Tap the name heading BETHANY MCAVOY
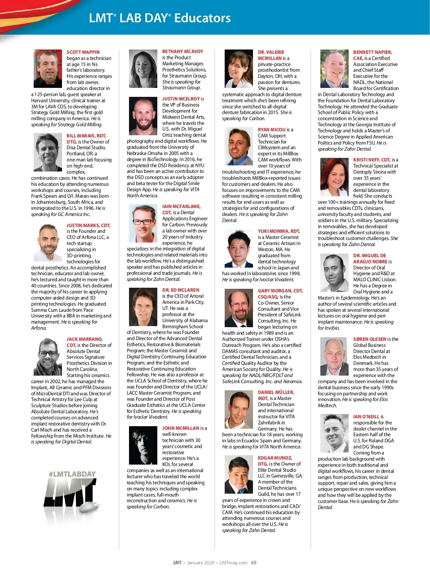click(182, 52)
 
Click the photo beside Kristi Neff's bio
click(334, 177)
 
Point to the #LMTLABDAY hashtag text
click(72, 474)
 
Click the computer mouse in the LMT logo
click(88, 507)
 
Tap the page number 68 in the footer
click(254, 563)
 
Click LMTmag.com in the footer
click(233, 563)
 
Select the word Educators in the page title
click(202, 18)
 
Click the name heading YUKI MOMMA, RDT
click(279, 231)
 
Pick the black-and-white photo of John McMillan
click(143, 446)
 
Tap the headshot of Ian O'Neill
click(334, 433)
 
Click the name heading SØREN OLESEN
click(369, 339)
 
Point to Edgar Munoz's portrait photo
click(239, 475)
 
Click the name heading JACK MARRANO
click(85, 339)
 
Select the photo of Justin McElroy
click(143, 116)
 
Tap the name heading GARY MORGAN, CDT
click(280, 291)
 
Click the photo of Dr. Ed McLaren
click(143, 307)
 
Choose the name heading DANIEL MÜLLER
click(276, 392)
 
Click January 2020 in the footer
click(200, 563)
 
